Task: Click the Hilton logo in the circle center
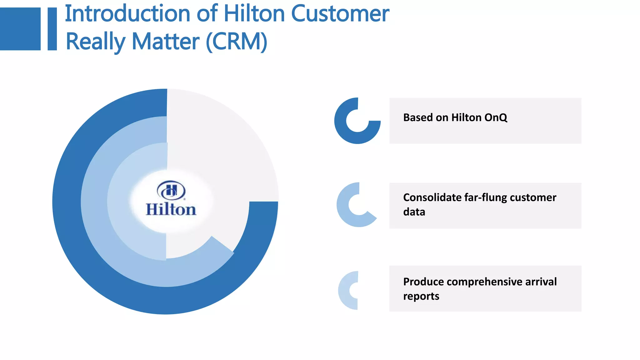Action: (171, 199)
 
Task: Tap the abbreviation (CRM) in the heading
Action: (237, 42)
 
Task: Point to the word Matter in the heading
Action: (165, 42)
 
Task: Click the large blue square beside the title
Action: (20, 29)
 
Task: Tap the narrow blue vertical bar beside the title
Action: (52, 29)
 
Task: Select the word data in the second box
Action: (414, 212)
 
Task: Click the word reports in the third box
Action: (421, 296)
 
